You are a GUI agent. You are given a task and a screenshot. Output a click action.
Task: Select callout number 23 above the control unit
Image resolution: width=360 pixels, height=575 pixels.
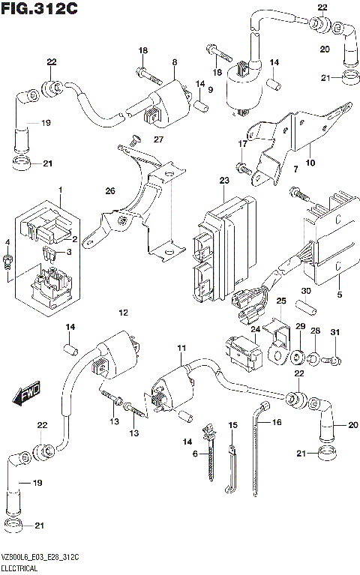[224, 181]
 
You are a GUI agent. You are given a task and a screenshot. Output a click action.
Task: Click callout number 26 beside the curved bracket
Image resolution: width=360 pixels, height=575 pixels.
[110, 192]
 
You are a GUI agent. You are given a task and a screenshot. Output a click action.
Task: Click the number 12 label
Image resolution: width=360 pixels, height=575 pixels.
[123, 311]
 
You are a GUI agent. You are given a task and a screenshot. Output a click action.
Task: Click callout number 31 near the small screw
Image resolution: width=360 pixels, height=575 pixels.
[335, 332]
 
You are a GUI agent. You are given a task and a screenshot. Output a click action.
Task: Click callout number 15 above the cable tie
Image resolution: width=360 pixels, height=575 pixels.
[232, 425]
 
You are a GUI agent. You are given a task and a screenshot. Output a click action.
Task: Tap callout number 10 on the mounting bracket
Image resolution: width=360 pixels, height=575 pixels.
[310, 163]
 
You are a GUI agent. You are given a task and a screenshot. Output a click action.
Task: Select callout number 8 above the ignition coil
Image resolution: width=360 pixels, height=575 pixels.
[173, 62]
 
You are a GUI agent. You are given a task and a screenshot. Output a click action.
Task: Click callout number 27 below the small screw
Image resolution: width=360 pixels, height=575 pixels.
[158, 140]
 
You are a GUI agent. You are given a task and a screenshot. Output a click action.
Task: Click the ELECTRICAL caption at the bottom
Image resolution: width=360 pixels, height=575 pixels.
[24, 569]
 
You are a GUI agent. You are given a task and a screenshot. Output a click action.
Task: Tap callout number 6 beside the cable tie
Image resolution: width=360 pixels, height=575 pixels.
[195, 454]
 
